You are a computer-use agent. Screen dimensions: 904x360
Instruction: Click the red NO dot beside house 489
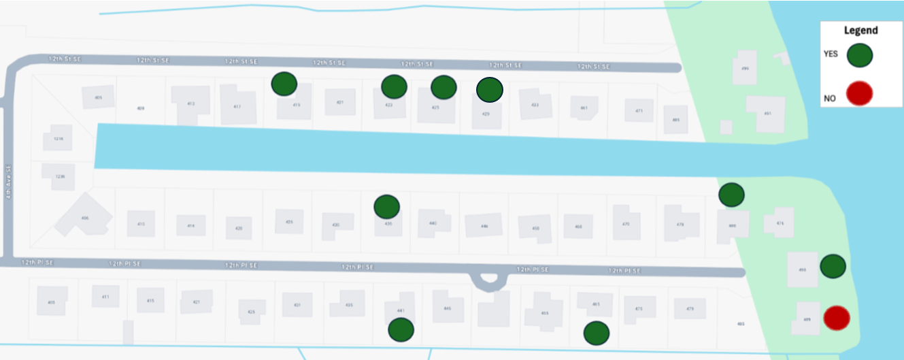click(836, 317)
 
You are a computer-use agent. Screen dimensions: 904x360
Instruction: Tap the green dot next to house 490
click(833, 267)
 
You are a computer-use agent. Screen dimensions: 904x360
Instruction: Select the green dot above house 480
click(731, 195)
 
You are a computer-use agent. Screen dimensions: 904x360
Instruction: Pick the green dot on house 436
click(386, 206)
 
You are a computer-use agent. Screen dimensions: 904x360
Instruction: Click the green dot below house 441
click(401, 330)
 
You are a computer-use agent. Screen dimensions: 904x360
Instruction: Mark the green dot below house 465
click(596, 333)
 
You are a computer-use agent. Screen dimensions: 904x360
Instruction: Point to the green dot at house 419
click(284, 84)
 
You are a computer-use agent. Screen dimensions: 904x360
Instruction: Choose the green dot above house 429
click(489, 89)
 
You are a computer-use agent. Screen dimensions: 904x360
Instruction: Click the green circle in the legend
click(860, 56)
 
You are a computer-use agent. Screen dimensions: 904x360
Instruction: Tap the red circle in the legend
click(859, 94)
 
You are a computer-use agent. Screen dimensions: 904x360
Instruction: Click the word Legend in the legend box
click(860, 31)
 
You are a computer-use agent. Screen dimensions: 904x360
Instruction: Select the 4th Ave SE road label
click(9, 184)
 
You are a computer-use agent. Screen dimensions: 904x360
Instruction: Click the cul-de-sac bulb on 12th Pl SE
click(489, 280)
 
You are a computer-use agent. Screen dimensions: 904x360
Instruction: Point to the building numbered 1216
click(58, 139)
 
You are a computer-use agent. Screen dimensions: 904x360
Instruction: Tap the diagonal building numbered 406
click(84, 216)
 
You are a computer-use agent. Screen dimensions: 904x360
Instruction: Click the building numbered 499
click(744, 69)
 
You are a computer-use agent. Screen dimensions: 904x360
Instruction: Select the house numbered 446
click(484, 225)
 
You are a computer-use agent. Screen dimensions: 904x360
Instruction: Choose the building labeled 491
click(767, 113)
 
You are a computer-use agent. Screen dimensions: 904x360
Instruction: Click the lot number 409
click(141, 108)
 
